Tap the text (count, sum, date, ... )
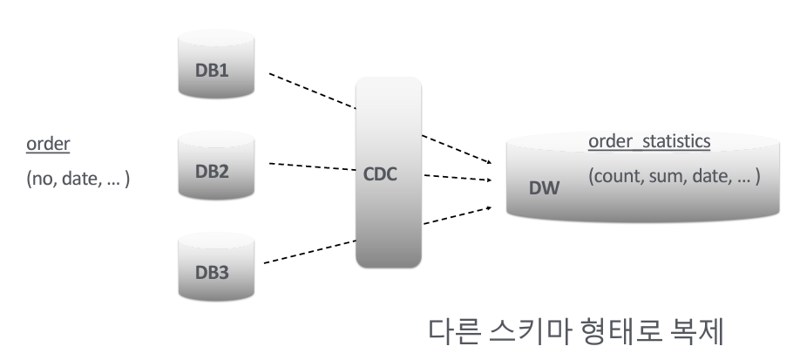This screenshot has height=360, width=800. [x=674, y=177]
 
